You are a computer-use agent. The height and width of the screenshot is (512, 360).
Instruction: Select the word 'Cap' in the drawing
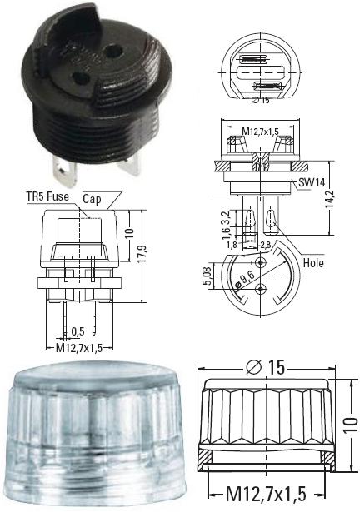pos(92,199)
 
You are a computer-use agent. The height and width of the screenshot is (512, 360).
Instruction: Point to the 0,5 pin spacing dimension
pos(77,331)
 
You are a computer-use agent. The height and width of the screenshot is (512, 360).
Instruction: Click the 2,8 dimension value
pos(266,244)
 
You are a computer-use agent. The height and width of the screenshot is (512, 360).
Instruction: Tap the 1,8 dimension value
pos(232,244)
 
